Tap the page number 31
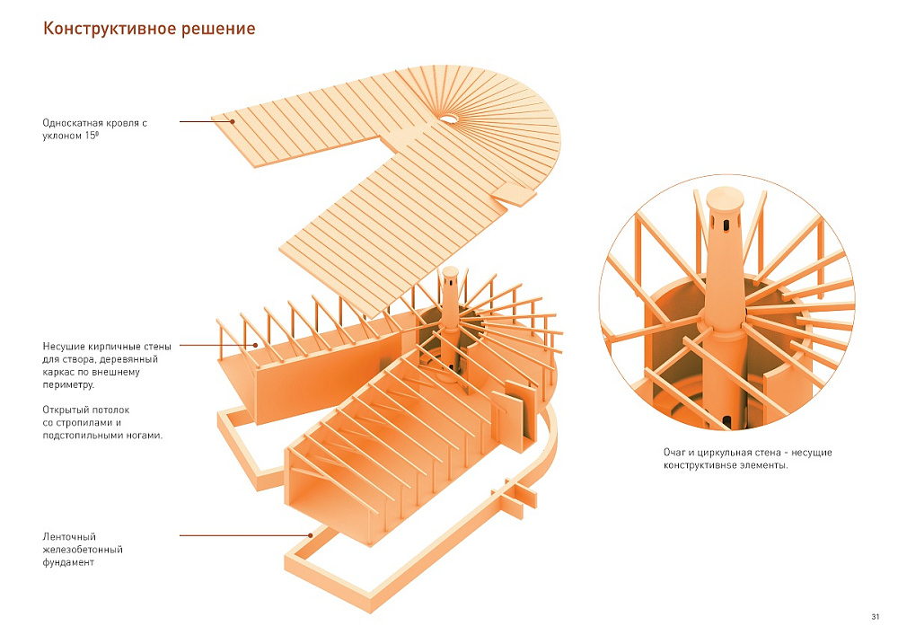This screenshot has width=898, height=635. [x=875, y=615]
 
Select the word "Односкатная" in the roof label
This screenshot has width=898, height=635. [x=70, y=122]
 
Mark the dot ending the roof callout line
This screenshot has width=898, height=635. [x=232, y=122]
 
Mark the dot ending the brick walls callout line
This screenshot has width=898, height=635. [x=255, y=345]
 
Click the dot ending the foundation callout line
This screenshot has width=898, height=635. [x=311, y=536]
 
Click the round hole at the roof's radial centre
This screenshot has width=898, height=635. [x=447, y=118]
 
